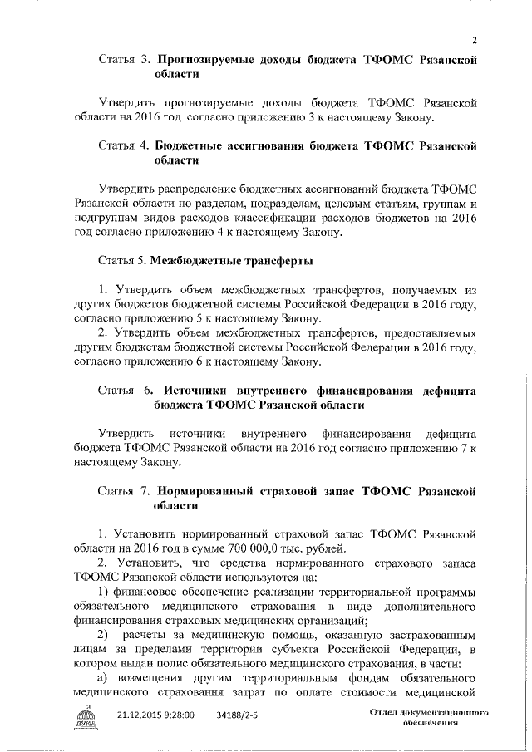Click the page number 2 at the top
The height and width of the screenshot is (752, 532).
tap(474, 39)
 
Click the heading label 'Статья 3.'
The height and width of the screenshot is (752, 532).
tap(124, 60)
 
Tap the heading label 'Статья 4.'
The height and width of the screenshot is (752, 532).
tap(124, 145)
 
